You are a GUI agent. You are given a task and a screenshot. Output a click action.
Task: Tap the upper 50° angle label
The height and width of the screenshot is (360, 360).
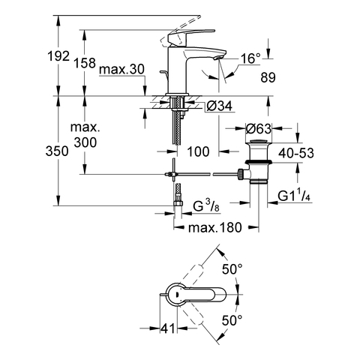point(233,269)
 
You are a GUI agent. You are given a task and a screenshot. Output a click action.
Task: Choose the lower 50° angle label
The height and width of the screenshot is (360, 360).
point(233,320)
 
